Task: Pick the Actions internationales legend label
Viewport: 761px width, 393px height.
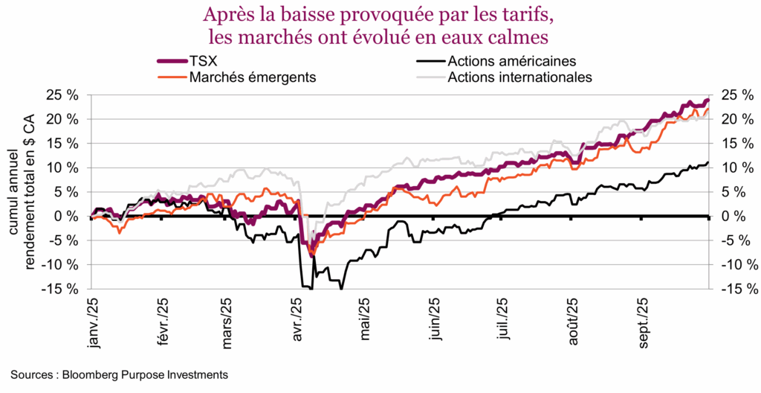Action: (518, 77)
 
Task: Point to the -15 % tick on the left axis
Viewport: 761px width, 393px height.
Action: (62, 288)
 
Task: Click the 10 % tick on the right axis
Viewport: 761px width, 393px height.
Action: (732, 167)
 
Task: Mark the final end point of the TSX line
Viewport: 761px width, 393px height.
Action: (707, 100)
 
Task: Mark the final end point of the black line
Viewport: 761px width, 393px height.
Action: (707, 162)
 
